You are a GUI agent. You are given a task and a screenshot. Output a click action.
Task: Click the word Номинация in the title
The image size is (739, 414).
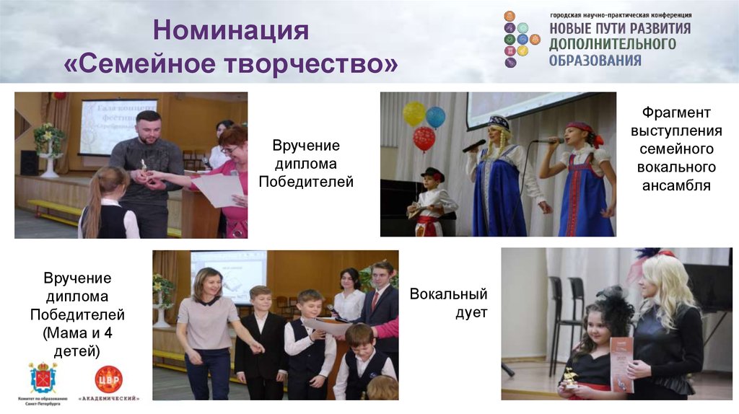[231, 32]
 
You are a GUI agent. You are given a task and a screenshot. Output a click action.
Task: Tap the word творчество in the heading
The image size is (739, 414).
[312, 63]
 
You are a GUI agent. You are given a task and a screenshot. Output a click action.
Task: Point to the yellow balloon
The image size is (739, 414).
[414, 113]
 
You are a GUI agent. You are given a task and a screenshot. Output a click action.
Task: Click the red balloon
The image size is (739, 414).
[424, 138]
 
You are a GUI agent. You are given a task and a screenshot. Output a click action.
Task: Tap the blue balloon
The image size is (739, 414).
[435, 117]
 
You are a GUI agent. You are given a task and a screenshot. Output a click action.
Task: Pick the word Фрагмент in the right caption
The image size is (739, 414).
[676, 113]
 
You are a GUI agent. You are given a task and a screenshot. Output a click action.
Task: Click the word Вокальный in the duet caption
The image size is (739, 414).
[448, 294]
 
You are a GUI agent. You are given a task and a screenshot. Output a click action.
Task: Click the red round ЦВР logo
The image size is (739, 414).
[109, 379]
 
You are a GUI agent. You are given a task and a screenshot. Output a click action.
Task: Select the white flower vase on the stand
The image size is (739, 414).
[49, 162]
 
